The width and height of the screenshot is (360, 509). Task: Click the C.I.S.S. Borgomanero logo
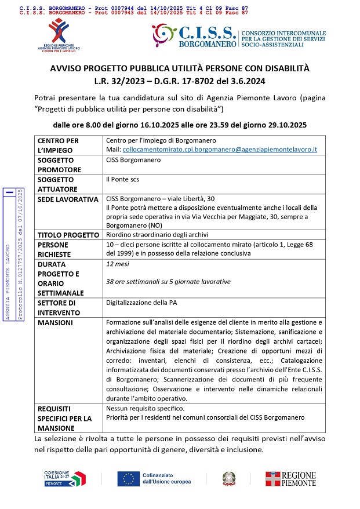[238, 36]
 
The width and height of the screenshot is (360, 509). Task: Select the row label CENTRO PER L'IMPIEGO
[58, 146]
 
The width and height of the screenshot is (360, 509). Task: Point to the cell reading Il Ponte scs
[122, 180]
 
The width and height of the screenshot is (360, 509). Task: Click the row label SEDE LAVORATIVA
[68, 199]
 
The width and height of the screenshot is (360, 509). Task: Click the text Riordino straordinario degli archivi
[157, 235]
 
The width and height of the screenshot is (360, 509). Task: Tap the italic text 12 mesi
[118, 264]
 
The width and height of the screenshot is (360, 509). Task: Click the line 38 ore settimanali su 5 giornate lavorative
[168, 282]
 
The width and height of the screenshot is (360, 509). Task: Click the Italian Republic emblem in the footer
[228, 478]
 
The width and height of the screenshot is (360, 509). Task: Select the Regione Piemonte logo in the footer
[290, 478]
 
